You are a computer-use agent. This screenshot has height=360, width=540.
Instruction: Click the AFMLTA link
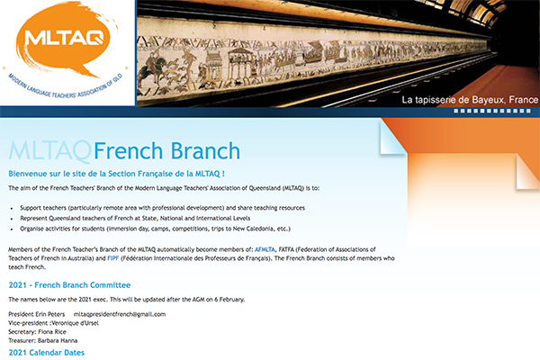(265, 249)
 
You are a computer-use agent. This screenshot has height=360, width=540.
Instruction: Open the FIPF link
(113, 258)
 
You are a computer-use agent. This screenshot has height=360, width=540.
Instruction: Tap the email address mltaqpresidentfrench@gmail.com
(120, 314)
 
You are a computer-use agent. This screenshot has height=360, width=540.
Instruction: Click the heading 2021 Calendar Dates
(47, 353)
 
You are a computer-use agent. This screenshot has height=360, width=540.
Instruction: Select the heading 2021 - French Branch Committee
(69, 285)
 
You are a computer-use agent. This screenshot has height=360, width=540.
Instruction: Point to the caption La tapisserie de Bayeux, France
(470, 100)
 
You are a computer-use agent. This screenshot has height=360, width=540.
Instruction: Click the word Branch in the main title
(205, 151)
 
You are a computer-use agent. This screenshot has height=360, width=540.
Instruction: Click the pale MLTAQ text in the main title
(50, 151)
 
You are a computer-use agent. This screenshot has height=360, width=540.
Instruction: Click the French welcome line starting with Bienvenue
(116, 174)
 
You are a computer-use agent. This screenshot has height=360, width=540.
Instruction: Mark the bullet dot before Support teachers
(12, 209)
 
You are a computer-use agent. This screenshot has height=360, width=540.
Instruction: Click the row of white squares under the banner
(492, 111)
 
